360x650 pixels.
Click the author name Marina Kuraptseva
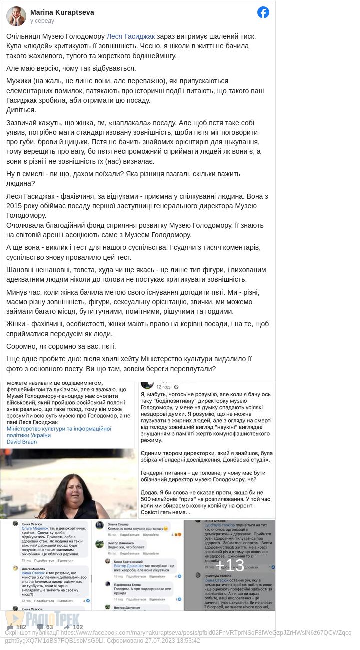click(62, 12)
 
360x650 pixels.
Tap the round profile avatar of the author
click(16, 16)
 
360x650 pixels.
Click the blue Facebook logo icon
click(263, 12)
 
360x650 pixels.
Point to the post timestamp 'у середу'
click(42, 21)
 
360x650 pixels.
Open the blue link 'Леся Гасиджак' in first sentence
click(131, 36)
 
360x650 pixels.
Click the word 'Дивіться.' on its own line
click(21, 110)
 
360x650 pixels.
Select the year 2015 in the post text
click(15, 206)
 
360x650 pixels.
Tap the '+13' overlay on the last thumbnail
click(229, 565)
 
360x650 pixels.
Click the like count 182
click(21, 627)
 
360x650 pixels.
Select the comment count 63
click(49, 627)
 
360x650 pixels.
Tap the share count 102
click(77, 627)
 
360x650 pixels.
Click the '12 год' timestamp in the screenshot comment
click(163, 387)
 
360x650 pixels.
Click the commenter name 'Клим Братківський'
click(127, 561)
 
